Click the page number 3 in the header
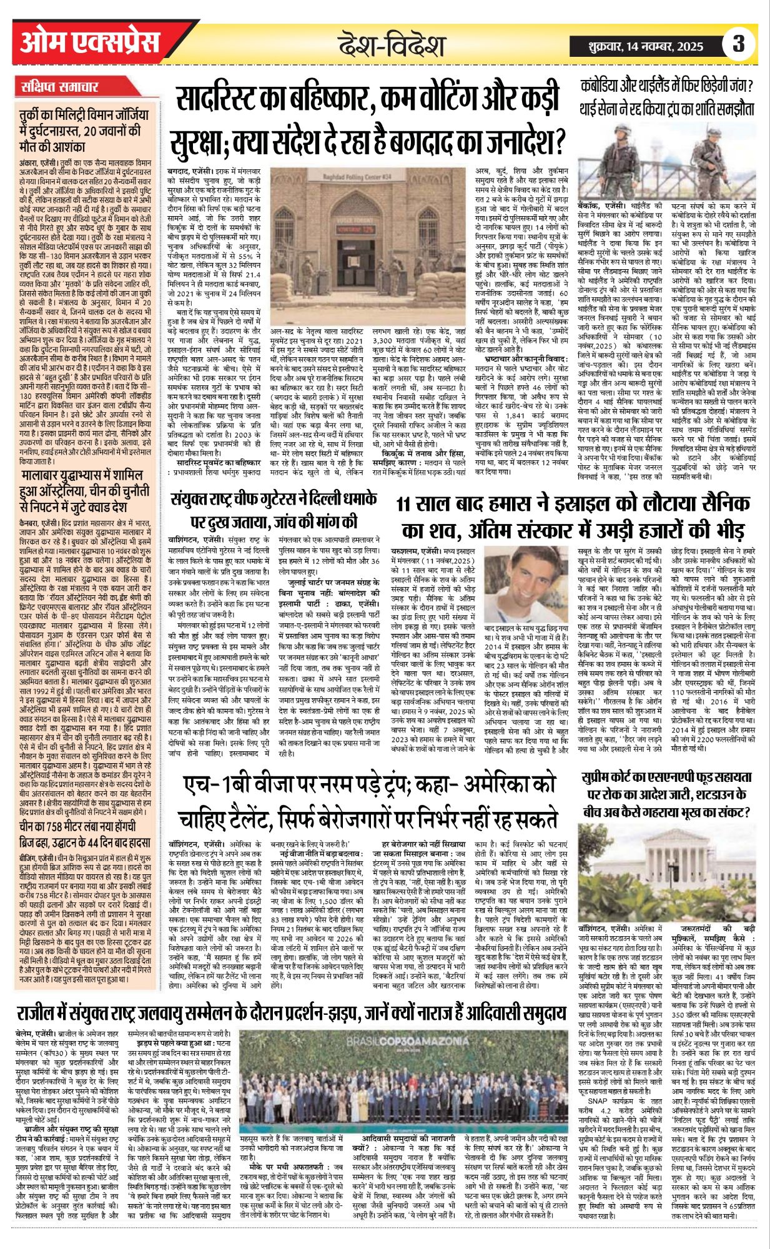(739, 45)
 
